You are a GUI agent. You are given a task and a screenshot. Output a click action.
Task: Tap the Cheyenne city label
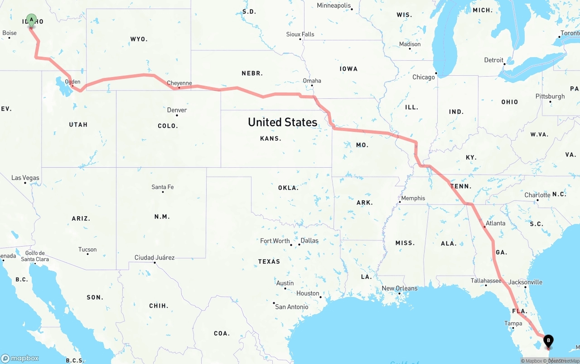click(x=179, y=83)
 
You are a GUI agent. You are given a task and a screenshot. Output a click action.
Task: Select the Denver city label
click(x=177, y=110)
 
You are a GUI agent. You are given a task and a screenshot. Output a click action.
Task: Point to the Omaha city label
click(x=312, y=81)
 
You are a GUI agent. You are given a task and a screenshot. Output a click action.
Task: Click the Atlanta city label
click(x=495, y=223)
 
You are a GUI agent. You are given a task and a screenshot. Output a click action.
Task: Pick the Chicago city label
click(x=423, y=77)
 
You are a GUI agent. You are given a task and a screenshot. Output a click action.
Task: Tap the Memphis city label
click(x=413, y=198)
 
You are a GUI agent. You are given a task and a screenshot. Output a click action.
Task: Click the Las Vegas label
click(x=25, y=178)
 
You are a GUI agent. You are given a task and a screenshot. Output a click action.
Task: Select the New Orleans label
click(x=400, y=288)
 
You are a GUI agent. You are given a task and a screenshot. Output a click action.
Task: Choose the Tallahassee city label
click(x=486, y=281)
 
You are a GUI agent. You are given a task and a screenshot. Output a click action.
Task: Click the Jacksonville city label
click(x=525, y=282)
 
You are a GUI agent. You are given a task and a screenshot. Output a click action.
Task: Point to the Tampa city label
click(x=513, y=323)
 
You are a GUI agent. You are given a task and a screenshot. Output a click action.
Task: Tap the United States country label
click(x=282, y=122)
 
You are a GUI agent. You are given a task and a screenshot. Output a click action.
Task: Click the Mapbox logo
click(x=20, y=358)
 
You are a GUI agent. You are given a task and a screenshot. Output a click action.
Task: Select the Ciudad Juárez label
click(x=155, y=257)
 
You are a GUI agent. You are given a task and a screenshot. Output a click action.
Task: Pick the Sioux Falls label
click(x=300, y=34)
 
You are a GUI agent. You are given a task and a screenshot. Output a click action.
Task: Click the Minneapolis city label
click(x=334, y=6)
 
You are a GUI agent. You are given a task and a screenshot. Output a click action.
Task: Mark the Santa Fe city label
click(x=163, y=187)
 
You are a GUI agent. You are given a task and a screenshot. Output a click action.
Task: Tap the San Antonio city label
click(x=292, y=307)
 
